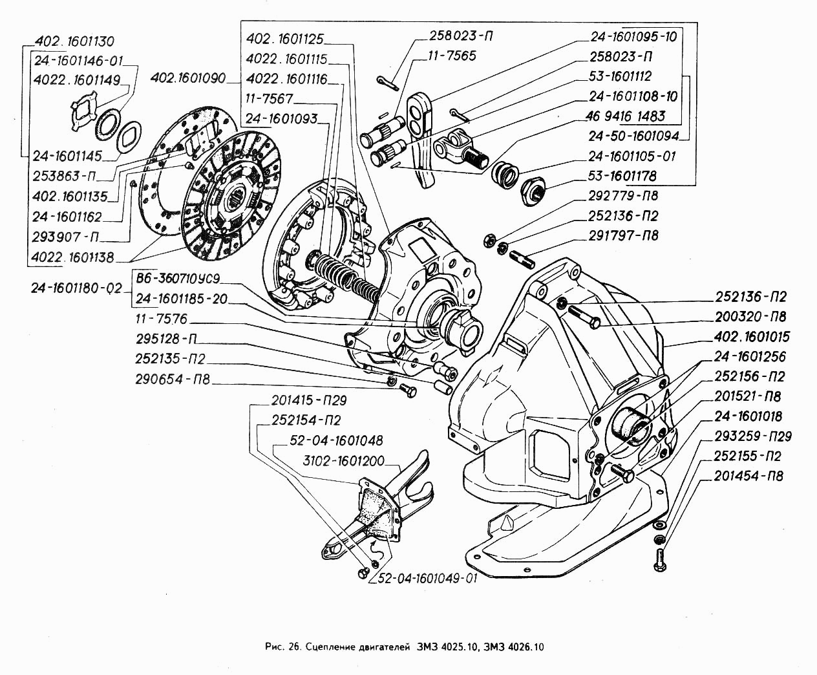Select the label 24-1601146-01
[x=79, y=63]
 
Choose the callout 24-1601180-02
[x=76, y=288]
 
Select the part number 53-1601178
[x=622, y=175]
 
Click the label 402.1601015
[x=752, y=337]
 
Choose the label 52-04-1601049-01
[x=424, y=578]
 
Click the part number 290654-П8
[x=174, y=380]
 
